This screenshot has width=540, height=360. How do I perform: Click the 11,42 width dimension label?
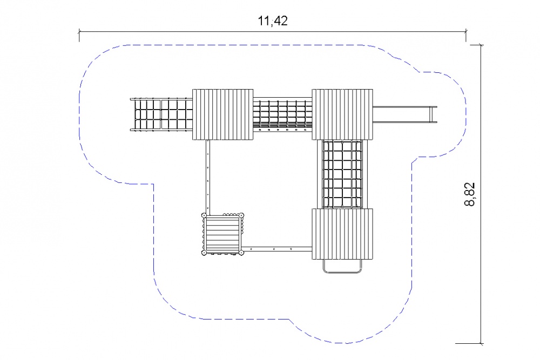[x=273, y=21]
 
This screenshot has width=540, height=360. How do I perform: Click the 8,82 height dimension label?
[x=470, y=194]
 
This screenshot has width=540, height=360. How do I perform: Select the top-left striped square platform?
[x=222, y=114]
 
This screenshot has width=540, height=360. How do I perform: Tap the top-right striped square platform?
[x=342, y=114]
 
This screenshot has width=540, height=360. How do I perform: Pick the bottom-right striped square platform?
[x=342, y=234]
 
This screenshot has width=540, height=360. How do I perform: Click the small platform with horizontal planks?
[x=223, y=234]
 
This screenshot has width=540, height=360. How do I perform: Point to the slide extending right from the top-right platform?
[x=405, y=114]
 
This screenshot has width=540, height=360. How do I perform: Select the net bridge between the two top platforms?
[x=283, y=114]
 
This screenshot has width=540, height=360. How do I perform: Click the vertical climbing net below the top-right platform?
[x=342, y=174]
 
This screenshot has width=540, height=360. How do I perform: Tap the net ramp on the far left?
[x=161, y=114]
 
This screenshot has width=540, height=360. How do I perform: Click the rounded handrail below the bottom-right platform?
[x=342, y=266]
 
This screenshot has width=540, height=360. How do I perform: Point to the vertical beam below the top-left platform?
[x=208, y=176]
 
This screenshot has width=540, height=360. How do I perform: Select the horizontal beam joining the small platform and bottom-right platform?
[x=278, y=248]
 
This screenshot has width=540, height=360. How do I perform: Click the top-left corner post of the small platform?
[x=205, y=215]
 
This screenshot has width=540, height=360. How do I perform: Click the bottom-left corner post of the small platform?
[x=204, y=253]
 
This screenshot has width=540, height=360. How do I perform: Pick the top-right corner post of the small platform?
[x=241, y=215]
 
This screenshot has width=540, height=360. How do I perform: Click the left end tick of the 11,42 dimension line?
[x=79, y=32]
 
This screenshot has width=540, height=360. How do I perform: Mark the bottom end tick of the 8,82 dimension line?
[x=481, y=343]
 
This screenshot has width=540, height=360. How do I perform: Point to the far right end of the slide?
[x=437, y=114]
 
